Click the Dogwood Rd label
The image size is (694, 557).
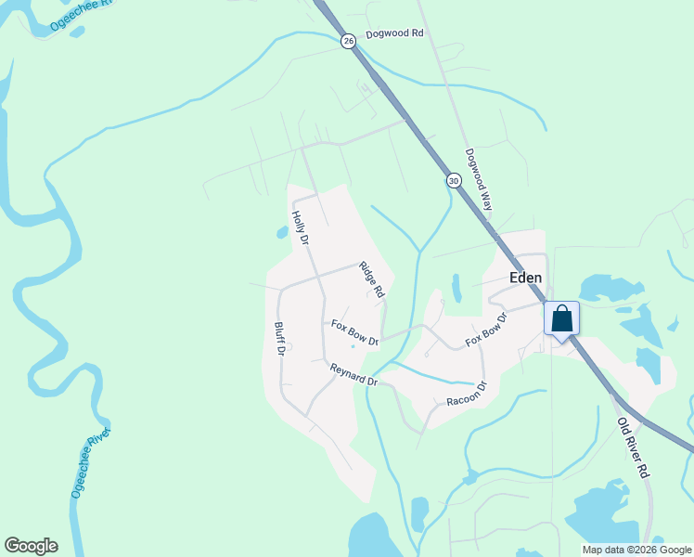394,33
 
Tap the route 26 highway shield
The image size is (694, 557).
348,41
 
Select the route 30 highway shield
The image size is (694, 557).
453,181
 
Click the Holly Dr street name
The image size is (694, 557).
299,228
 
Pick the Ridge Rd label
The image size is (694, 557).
372,279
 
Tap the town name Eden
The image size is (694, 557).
525,278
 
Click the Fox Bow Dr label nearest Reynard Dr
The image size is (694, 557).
355,331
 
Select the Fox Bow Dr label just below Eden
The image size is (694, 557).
487,330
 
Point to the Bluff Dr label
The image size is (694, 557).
278,342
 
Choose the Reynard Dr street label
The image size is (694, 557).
353,375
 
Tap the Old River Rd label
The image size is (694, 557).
632,447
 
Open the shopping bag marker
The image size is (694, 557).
561,319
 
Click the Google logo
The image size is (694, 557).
31,546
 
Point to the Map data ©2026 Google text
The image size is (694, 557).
636,550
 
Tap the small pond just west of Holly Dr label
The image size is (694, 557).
282,232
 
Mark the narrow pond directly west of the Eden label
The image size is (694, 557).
456,288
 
